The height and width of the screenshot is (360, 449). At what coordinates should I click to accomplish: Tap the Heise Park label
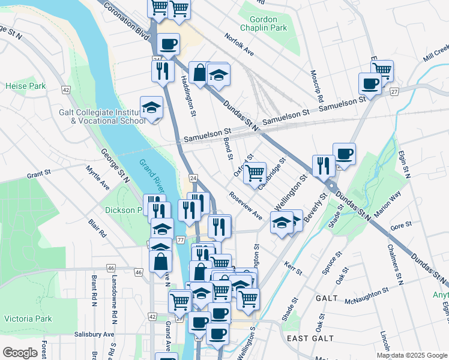click(x=26, y=86)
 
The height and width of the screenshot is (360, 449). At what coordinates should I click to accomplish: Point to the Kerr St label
click(x=294, y=268)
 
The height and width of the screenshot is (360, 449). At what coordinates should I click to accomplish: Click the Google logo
click(x=20, y=352)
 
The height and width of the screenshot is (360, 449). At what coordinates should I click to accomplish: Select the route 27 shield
click(x=394, y=91)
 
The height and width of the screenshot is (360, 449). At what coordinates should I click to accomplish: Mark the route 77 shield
click(x=180, y=240)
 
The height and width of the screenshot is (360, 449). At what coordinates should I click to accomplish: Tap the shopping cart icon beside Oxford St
click(x=255, y=173)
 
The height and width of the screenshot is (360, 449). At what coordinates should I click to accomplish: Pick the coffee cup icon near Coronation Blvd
click(x=169, y=44)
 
